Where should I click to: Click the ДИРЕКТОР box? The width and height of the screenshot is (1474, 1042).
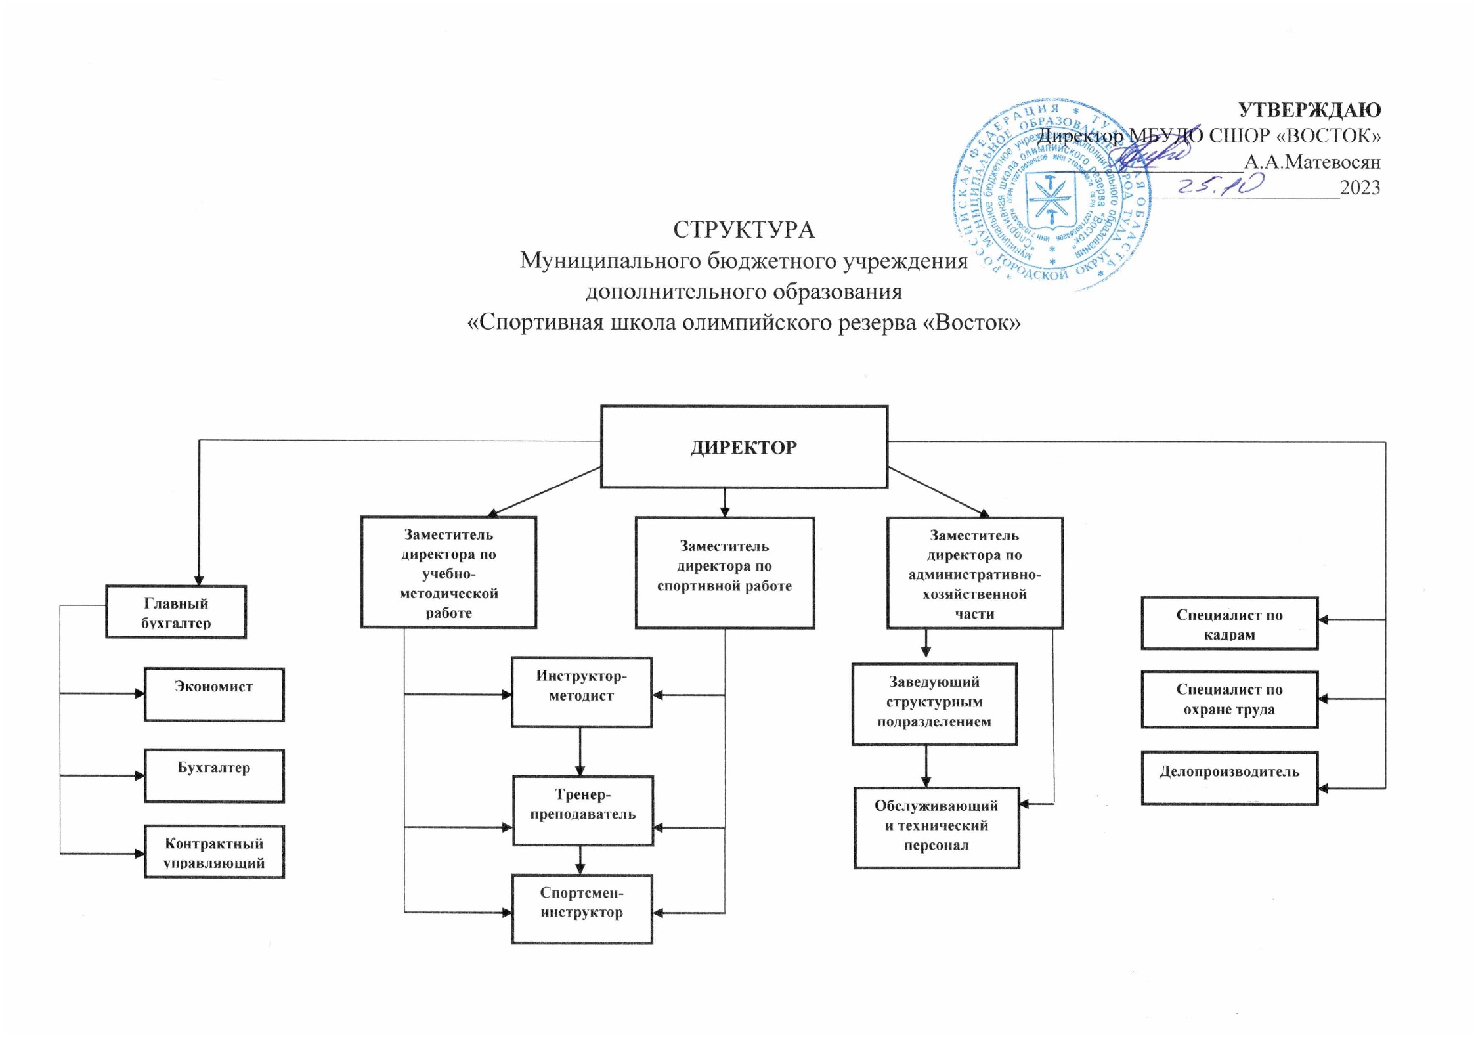[743, 446]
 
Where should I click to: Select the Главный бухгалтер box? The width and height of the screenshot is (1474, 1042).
[175, 611]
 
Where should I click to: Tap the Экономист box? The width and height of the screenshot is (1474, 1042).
[214, 694]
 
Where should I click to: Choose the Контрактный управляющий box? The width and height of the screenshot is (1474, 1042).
[214, 852]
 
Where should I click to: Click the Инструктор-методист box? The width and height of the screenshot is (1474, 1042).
[581, 691]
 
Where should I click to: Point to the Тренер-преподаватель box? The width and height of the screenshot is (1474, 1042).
[582, 810]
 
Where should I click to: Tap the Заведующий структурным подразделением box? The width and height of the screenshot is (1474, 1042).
[934, 703]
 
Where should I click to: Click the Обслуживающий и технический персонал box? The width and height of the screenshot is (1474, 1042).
[936, 827]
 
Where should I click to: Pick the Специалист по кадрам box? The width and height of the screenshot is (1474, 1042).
[1229, 623]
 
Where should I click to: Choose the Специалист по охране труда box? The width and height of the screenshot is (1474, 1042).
[1229, 699]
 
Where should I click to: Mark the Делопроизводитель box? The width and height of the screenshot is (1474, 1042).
[1229, 777]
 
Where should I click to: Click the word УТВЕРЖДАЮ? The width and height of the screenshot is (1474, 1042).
[1309, 110]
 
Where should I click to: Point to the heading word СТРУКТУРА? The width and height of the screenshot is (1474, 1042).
[743, 230]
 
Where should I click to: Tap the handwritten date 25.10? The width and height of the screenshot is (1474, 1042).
[1220, 186]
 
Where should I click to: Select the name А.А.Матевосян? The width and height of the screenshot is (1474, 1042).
[1312, 162]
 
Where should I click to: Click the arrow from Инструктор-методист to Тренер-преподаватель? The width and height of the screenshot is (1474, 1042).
[580, 751]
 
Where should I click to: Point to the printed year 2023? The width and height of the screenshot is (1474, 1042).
[1360, 188]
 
